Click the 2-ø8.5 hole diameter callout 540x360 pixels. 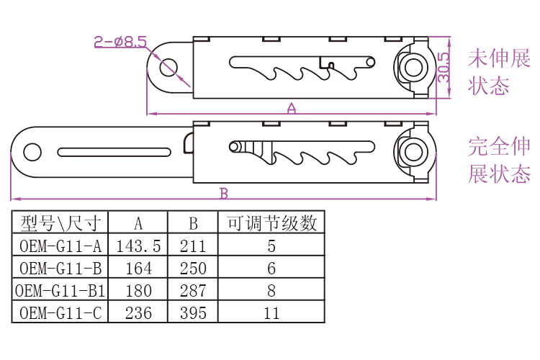coord(120,42)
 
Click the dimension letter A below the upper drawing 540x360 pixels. coord(292,108)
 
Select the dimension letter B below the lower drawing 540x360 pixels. coord(224,193)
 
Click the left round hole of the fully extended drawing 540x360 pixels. coord(32,152)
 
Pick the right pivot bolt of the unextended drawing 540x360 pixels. coord(413,66)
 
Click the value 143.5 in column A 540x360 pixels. coord(138,246)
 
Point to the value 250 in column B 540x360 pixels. coord(193,269)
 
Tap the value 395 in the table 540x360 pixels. coord(193,313)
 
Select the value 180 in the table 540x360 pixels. coord(138,291)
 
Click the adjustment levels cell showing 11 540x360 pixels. coord(271,313)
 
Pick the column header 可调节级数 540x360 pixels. coord(271,223)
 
